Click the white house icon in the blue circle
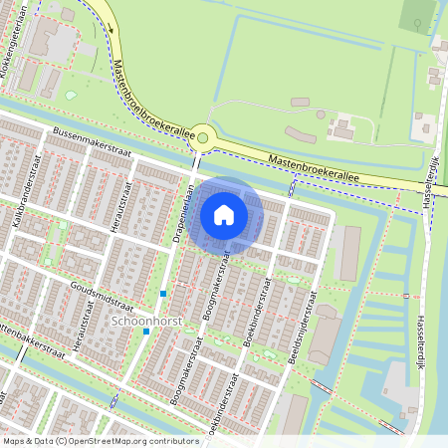coord(224,214)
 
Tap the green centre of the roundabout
coord(203,138)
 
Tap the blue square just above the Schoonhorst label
coord(163,294)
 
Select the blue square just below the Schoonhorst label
coord(145,332)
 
